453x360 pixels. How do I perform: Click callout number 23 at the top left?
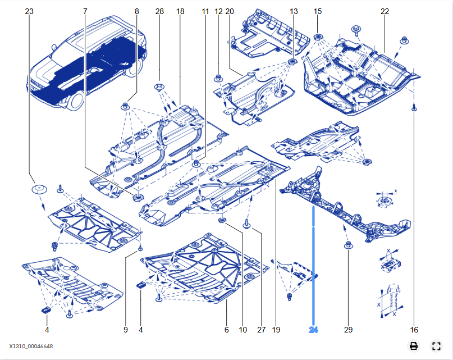pos(30,11)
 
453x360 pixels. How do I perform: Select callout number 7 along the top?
pos(85,11)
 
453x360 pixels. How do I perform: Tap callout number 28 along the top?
pos(159,11)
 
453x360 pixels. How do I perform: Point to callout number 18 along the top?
pos(180,11)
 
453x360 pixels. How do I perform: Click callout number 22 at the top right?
pos(385,11)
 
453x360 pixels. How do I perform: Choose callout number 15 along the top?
pos(318,11)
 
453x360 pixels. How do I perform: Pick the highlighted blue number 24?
pos(313,330)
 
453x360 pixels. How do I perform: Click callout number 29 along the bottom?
pos(348,330)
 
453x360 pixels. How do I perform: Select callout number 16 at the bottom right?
pos(414,330)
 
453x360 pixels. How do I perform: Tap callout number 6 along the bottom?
pos(227,330)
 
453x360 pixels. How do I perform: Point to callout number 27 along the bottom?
pos(262,330)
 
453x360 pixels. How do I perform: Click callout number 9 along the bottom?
pos(126,330)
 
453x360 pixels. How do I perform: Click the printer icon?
pos(414,346)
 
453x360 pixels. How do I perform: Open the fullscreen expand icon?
pos(436,346)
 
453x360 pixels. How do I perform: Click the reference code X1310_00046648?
pos(31,347)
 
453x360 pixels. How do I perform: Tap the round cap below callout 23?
pos(39,189)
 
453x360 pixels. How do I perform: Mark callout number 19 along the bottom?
pos(276,330)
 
